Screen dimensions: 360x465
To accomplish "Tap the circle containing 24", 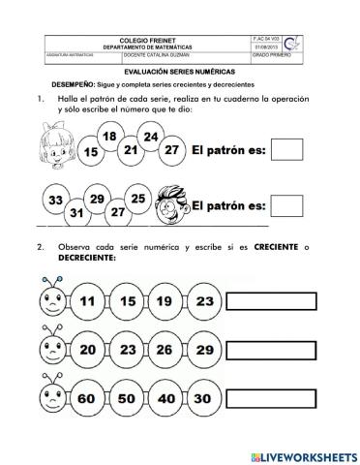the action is coord(151,138).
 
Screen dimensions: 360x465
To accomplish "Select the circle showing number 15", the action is coord(91,153).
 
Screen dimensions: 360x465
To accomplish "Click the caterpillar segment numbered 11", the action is coord(88,301).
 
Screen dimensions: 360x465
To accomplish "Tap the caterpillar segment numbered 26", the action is coord(165,349).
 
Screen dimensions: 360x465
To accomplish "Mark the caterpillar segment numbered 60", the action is coord(88,397).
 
